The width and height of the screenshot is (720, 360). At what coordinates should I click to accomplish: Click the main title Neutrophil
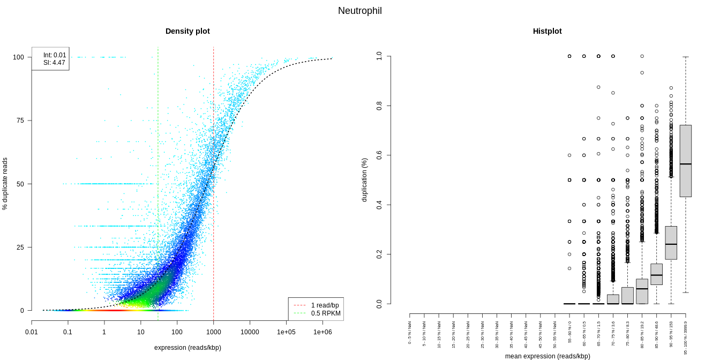359,11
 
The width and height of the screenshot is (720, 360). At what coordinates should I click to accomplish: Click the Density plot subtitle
187,31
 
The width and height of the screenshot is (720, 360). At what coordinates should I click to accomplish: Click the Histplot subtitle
547,31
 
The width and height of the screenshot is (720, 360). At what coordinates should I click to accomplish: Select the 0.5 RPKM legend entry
325,313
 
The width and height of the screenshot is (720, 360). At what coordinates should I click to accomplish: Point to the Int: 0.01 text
55,55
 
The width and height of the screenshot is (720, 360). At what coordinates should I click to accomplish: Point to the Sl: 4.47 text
55,63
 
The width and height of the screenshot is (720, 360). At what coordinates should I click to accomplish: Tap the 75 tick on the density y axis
20,121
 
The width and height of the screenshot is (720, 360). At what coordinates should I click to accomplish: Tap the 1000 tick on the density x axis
213,332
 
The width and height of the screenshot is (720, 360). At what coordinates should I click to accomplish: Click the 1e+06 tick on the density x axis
322,332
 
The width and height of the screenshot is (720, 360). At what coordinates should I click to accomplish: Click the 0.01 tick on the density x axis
32,332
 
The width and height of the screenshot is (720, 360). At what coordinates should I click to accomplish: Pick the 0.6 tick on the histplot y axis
379,155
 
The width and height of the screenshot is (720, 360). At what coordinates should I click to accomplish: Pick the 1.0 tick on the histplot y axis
379,56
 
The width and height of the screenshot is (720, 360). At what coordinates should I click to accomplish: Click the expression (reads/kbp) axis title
187,348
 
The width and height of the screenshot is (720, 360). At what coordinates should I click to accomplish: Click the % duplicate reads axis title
5,184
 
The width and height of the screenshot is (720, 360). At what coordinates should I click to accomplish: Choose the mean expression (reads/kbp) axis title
547,356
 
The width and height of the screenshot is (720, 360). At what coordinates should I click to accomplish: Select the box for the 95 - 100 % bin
686,161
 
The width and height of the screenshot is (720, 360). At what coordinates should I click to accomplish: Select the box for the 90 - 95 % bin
671,243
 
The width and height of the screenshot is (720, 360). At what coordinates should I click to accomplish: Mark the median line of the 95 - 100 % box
686,164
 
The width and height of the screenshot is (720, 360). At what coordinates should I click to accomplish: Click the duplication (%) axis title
364,180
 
